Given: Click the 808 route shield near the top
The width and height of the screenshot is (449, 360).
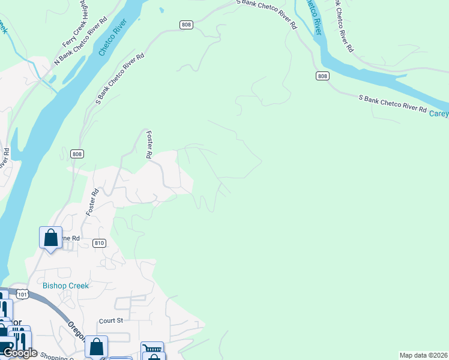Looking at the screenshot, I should pyautogui.click(x=185, y=24).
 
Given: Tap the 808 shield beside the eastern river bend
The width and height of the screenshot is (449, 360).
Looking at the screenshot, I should pyautogui.click(x=323, y=76).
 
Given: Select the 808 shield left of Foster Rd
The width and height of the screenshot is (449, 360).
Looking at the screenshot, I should pyautogui.click(x=76, y=154).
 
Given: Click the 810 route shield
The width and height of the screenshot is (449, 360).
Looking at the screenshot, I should pyautogui.click(x=100, y=243).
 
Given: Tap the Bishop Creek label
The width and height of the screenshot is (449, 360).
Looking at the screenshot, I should pyautogui.click(x=65, y=286).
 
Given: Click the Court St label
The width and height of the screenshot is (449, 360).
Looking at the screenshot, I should pyautogui.click(x=111, y=320).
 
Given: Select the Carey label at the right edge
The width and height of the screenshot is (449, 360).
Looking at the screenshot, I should pyautogui.click(x=439, y=113).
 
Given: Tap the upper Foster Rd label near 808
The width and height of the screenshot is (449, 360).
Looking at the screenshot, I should pyautogui.click(x=148, y=145).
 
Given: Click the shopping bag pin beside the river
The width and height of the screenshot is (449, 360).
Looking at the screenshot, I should pyautogui.click(x=50, y=237).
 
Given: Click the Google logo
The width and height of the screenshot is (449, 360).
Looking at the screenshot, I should pyautogui.click(x=20, y=353).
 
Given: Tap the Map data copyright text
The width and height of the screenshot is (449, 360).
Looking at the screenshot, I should pyautogui.click(x=424, y=355).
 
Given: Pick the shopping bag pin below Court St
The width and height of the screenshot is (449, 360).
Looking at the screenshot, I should pyautogui.click(x=96, y=346).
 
